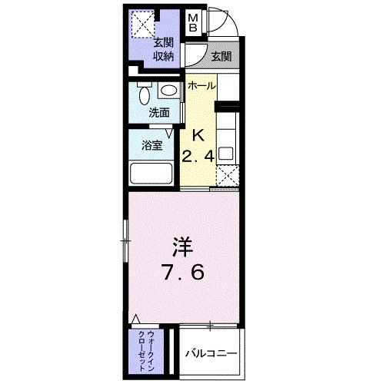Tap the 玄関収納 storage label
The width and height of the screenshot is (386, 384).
(163, 49)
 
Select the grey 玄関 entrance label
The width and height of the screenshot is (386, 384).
(221, 55)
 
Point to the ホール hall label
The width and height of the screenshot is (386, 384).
(202, 85)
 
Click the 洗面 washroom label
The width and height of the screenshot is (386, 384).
(159, 112)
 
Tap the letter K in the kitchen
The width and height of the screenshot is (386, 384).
(198, 135)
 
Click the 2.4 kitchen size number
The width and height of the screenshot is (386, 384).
(197, 157)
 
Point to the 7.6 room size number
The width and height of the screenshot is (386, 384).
(181, 273)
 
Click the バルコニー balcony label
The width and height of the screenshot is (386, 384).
(210, 353)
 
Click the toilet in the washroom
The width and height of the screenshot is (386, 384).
(143, 95)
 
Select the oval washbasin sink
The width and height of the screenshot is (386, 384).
(169, 91)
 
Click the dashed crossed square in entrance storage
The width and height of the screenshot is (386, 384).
(141, 24)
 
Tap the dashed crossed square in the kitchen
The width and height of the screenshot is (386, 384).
(227, 176)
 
